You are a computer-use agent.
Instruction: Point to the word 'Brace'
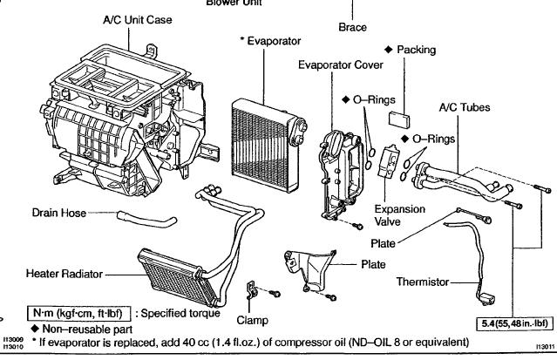pyautogui.click(x=351, y=27)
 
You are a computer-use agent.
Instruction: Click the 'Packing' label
pyautogui.click(x=416, y=50)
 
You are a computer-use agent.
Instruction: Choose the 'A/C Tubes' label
pyautogui.click(x=464, y=107)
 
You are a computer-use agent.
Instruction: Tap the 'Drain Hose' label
pyautogui.click(x=58, y=213)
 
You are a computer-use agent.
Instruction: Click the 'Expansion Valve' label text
pyautogui.click(x=399, y=215)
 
